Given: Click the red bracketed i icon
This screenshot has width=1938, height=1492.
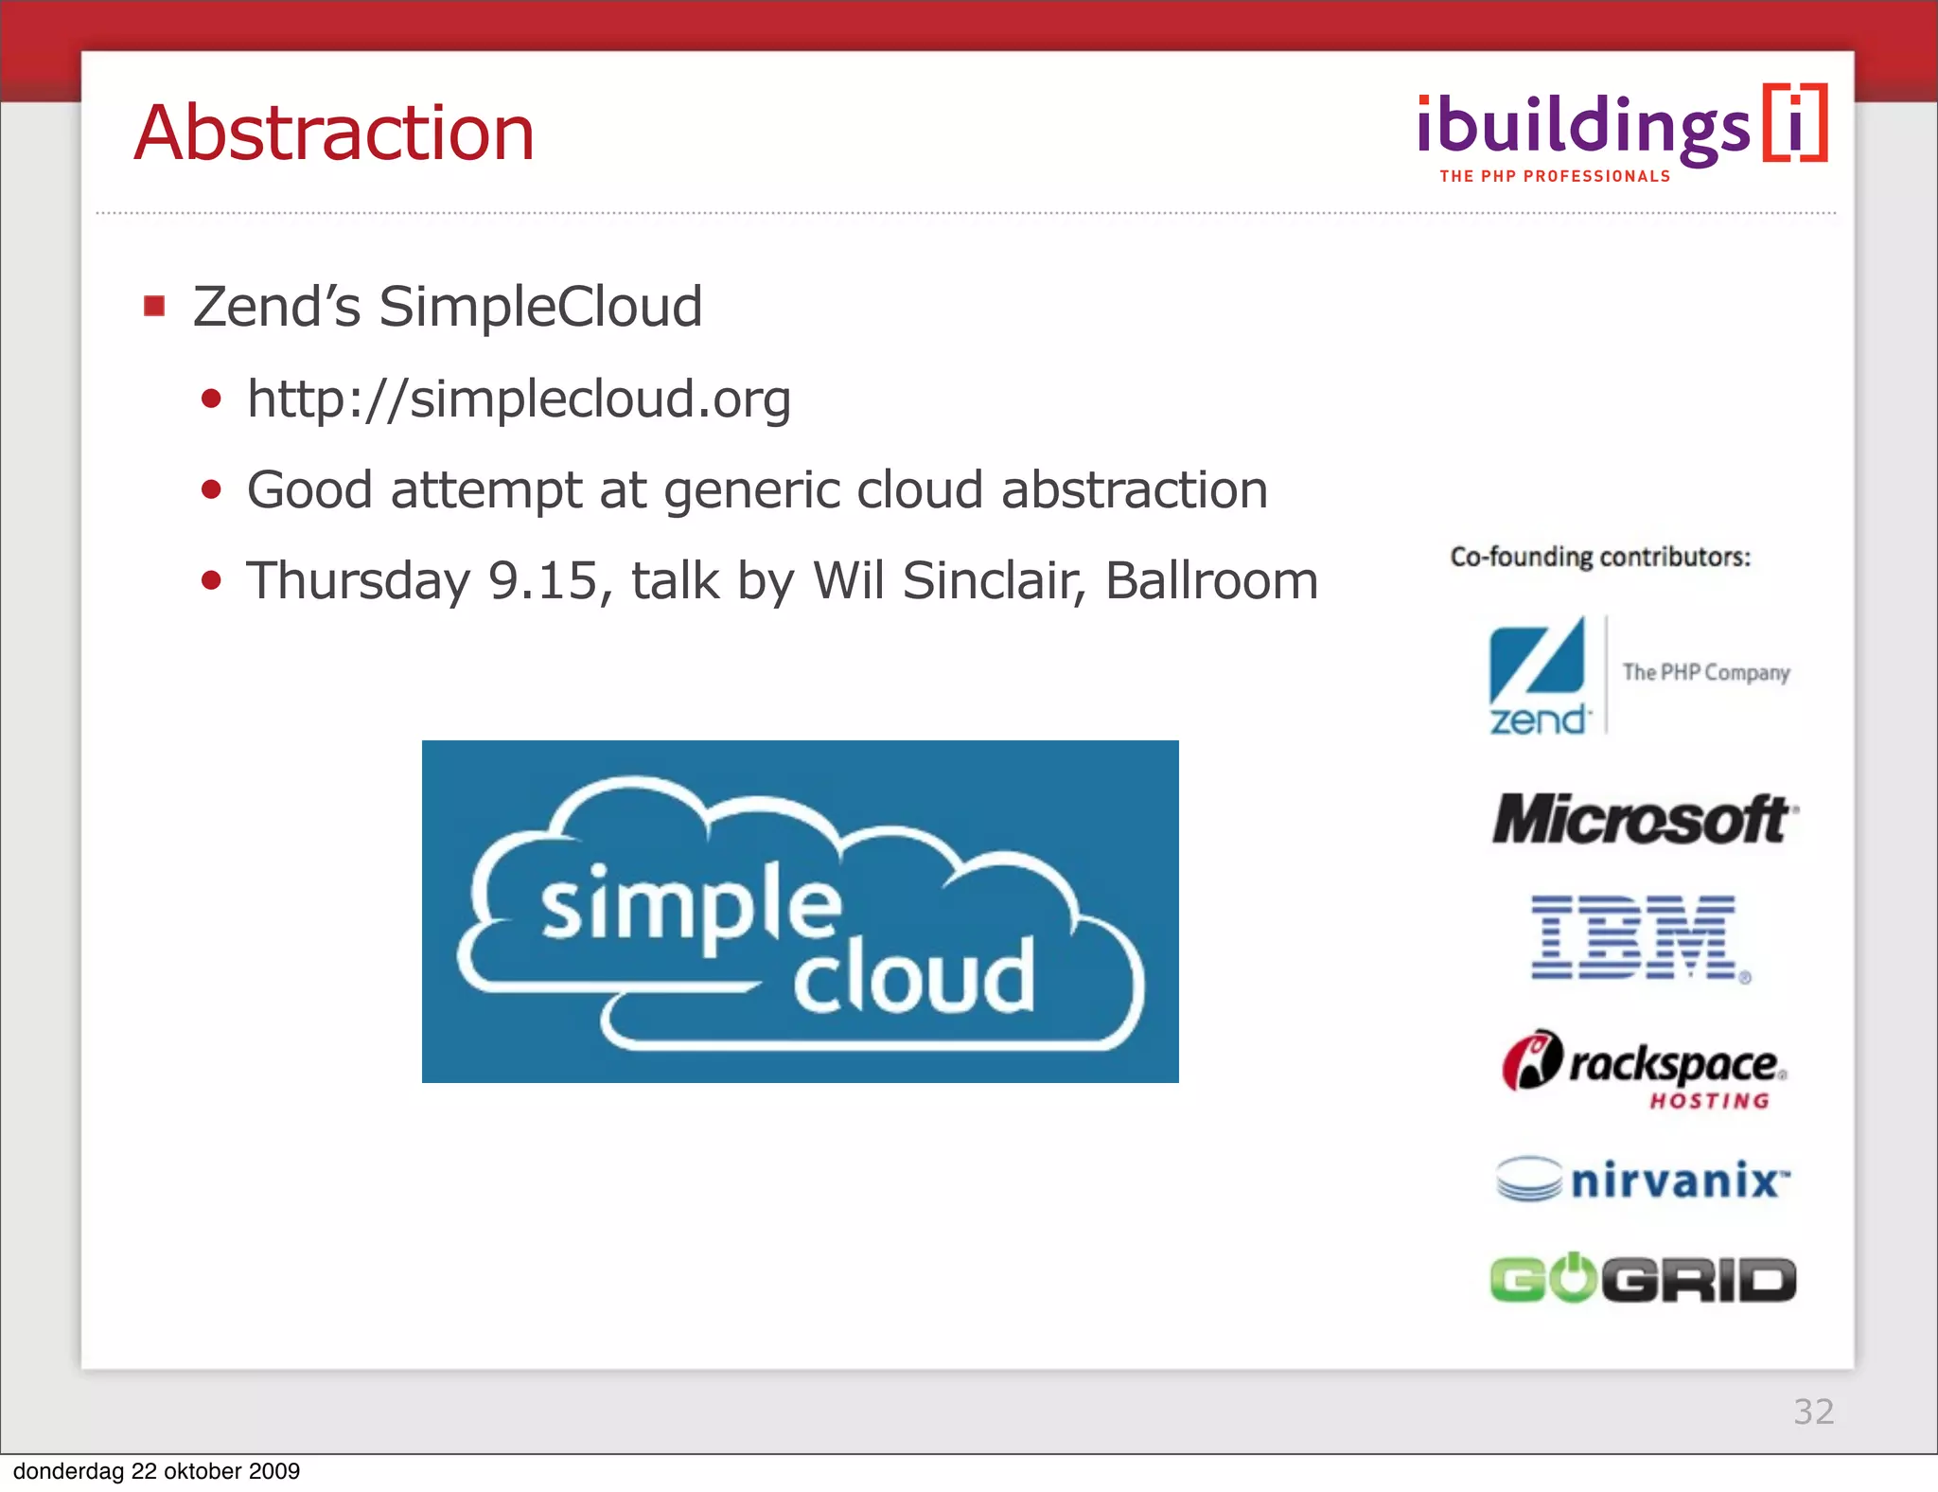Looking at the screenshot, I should [x=1794, y=123].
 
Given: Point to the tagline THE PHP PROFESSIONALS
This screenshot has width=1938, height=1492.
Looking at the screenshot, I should [x=1555, y=177].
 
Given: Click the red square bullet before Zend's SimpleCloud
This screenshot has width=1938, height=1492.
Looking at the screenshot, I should [x=154, y=307].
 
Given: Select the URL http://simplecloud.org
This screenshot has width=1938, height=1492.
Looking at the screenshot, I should [x=519, y=399].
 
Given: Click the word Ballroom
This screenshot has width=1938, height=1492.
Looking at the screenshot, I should [x=1211, y=580].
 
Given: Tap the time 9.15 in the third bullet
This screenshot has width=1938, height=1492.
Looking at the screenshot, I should [x=543, y=580].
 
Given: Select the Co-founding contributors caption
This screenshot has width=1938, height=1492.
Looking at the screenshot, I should [x=1600, y=557].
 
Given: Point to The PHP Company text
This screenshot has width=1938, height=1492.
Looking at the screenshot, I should [x=1705, y=672].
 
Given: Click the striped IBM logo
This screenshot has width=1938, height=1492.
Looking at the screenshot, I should [x=1635, y=937].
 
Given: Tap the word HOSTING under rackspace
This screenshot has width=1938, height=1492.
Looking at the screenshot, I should [x=1709, y=1101].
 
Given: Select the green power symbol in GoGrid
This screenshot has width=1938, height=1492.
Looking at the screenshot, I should [x=1573, y=1278].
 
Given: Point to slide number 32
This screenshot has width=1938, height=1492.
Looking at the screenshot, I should [x=1813, y=1412].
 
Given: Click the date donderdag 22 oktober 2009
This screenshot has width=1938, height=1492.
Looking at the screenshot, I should [x=156, y=1471].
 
